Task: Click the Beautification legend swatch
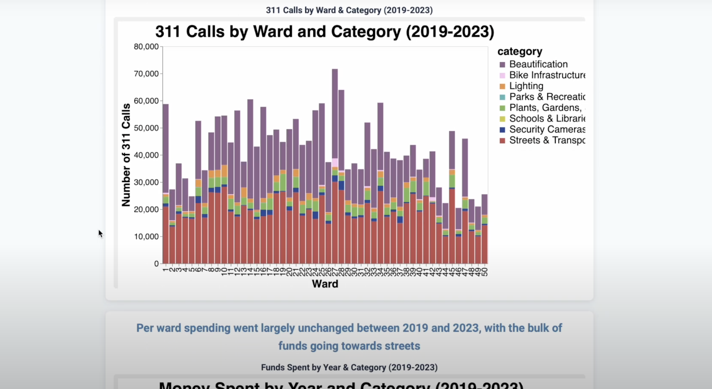coord(502,65)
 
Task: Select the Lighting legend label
coord(526,86)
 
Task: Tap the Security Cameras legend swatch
coord(502,129)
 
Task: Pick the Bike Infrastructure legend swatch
coord(502,75)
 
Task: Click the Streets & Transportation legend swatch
coord(502,141)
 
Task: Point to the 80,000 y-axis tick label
coord(146,46)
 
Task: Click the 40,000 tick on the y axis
coord(146,155)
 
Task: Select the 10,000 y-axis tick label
coord(146,237)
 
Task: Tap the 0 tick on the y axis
coord(156,264)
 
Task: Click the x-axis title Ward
coord(325,284)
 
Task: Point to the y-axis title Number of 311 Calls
coord(126,155)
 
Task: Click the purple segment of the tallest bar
coord(335,113)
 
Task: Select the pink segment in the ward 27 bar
coord(335,162)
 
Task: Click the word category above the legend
coord(520,52)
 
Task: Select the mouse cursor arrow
coord(100,233)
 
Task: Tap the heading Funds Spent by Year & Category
coord(349,367)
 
